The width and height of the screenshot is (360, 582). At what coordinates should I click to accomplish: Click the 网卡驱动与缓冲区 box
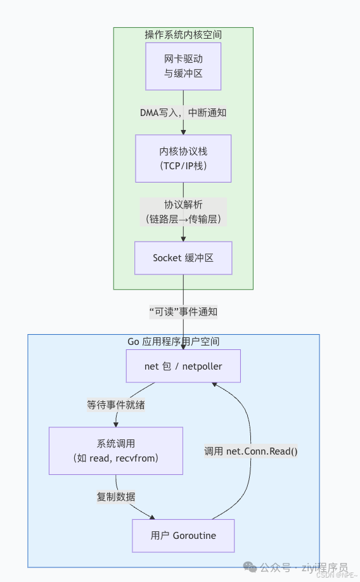coord(183,66)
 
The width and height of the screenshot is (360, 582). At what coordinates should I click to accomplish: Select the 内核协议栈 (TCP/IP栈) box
coord(183,158)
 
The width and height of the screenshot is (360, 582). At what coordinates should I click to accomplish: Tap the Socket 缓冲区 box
coord(183,257)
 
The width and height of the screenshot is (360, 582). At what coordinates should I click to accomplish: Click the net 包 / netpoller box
coord(183,366)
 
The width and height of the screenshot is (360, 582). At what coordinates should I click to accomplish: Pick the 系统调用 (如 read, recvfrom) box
coord(116,450)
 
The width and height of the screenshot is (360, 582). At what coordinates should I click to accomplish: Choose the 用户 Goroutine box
coord(183,536)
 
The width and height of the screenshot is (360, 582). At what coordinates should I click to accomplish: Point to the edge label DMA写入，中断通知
coord(183,112)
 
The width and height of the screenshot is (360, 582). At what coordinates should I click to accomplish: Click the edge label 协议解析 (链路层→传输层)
coord(183,212)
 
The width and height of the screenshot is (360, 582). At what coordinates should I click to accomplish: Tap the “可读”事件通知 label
coord(183,311)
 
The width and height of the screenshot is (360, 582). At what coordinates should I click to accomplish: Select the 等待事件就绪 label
coord(116,404)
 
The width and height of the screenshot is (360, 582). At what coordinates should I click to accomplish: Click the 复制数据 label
coord(116,496)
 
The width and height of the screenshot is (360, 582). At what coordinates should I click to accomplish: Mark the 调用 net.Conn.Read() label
coord(251,451)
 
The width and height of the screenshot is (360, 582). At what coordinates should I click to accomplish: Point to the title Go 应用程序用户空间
coord(174,341)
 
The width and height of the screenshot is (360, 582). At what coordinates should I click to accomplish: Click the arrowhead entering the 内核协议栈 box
coord(183,132)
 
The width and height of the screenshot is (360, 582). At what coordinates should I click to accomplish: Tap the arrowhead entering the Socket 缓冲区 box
coord(183,238)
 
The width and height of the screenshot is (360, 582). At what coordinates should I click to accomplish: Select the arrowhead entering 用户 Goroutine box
coord(151,517)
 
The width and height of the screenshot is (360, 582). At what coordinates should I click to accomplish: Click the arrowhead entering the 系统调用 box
coord(116,424)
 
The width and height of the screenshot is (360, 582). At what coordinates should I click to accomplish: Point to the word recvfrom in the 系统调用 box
coord(138,458)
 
